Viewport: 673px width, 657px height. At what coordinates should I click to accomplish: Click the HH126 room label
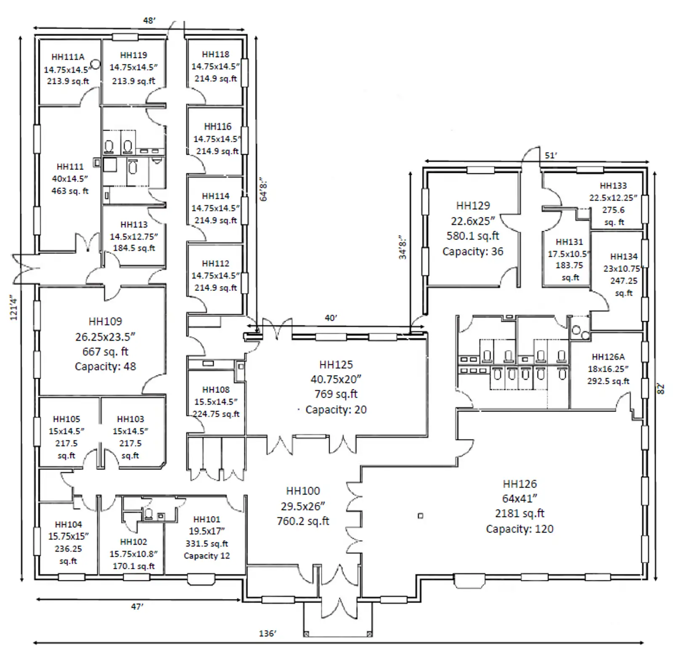click(x=519, y=484)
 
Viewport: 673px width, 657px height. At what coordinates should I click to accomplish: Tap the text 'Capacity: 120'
click(x=519, y=529)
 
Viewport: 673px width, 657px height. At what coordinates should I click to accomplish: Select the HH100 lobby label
click(x=303, y=491)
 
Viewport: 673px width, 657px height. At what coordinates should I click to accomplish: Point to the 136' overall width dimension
click(x=268, y=633)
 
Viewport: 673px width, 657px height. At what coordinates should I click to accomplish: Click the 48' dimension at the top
click(x=149, y=20)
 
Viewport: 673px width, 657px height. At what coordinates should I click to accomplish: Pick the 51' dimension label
click(x=551, y=155)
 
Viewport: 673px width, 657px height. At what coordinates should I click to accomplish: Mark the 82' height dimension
click(x=661, y=389)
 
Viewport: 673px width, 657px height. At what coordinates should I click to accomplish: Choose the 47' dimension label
click(x=137, y=607)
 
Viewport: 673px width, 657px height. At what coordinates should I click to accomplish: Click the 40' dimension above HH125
click(x=331, y=318)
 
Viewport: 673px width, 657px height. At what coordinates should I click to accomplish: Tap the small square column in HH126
click(x=420, y=516)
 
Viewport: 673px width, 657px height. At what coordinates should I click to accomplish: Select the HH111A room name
click(x=68, y=57)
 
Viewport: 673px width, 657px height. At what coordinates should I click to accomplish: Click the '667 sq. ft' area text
click(x=105, y=351)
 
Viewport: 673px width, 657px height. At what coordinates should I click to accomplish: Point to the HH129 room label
click(x=473, y=206)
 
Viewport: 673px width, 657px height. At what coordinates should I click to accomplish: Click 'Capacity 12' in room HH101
click(x=207, y=556)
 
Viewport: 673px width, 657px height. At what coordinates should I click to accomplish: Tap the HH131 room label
click(x=569, y=242)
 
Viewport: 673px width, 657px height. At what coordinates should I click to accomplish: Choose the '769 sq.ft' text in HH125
click(x=336, y=394)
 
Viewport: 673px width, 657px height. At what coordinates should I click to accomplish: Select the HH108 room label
click(x=216, y=390)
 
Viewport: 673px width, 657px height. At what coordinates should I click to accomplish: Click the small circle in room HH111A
click(x=96, y=64)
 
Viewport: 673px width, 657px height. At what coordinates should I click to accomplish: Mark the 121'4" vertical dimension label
click(x=14, y=307)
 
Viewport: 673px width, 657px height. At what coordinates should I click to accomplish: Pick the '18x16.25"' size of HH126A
click(x=608, y=369)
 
